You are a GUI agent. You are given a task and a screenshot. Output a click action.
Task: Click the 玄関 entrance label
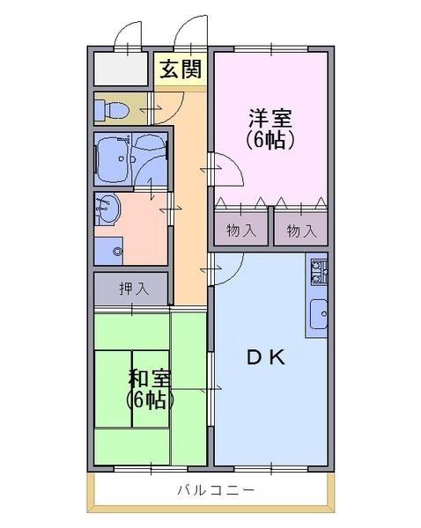click(x=181, y=70)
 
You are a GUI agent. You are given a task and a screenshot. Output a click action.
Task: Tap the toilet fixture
click(x=111, y=110)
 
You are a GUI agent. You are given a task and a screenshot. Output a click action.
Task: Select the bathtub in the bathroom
click(x=112, y=159)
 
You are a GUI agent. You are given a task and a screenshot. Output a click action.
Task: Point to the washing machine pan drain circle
click(x=117, y=251)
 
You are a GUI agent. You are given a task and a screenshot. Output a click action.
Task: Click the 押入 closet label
click(x=134, y=289)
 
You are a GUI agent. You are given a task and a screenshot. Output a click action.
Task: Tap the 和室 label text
click(x=150, y=378)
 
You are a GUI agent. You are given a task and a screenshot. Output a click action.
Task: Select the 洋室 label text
click(x=270, y=118)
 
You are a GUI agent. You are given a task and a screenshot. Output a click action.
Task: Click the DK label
click(x=266, y=357)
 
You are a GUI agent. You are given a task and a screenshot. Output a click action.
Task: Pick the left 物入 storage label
click(x=241, y=231)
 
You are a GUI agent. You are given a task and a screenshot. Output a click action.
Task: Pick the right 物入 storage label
click(x=301, y=231)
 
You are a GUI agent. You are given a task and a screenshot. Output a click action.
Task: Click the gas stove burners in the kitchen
click(x=319, y=272)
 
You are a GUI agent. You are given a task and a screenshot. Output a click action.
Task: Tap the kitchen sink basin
click(x=319, y=314)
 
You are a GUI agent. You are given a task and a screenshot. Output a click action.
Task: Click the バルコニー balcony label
click(x=216, y=489)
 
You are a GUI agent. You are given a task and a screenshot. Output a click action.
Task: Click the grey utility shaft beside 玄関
click(x=121, y=69)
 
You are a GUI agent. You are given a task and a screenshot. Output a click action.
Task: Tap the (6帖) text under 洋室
click(x=270, y=140)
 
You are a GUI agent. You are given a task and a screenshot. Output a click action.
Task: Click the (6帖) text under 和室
click(x=150, y=400)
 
